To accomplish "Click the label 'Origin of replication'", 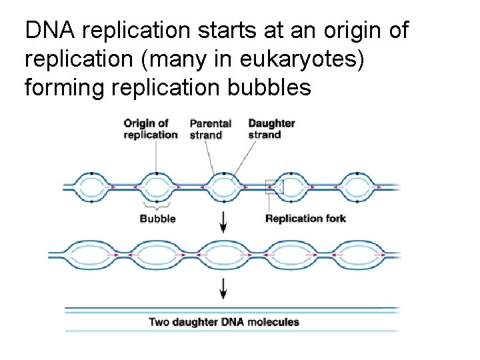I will (x=150, y=129).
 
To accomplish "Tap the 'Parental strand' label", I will (x=210, y=129).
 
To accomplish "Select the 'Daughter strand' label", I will (x=271, y=129).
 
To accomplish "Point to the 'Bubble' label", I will (x=157, y=218).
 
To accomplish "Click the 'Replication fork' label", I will (x=305, y=218).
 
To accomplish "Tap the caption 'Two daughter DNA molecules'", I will (x=223, y=322).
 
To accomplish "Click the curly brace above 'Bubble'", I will (x=157, y=206).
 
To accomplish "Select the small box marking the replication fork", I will (x=274, y=187).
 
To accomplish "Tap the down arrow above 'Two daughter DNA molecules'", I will (x=223, y=288).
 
